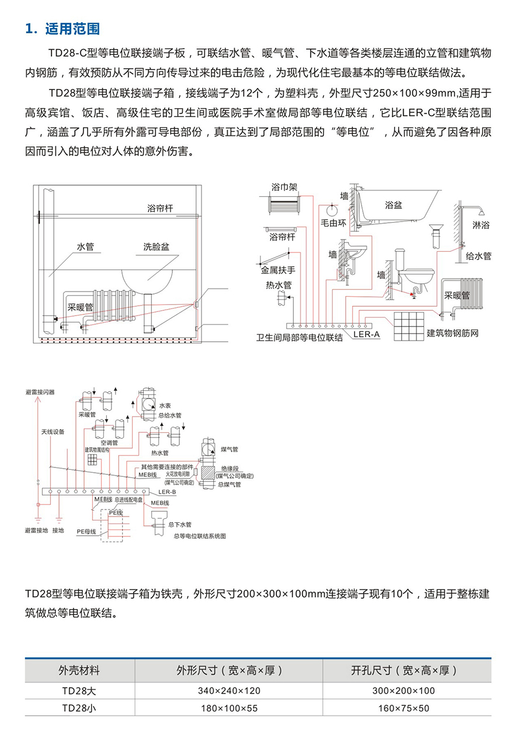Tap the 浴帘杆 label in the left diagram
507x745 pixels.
pos(161,209)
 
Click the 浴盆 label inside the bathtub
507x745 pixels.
pos(393,205)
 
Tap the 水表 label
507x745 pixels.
pos(165,406)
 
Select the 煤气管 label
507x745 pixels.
pos(230,449)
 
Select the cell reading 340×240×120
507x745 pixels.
pos(229,691)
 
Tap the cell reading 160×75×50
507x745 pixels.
pos(404,708)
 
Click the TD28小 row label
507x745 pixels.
pos(79,708)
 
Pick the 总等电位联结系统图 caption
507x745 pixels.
pos(199,535)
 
